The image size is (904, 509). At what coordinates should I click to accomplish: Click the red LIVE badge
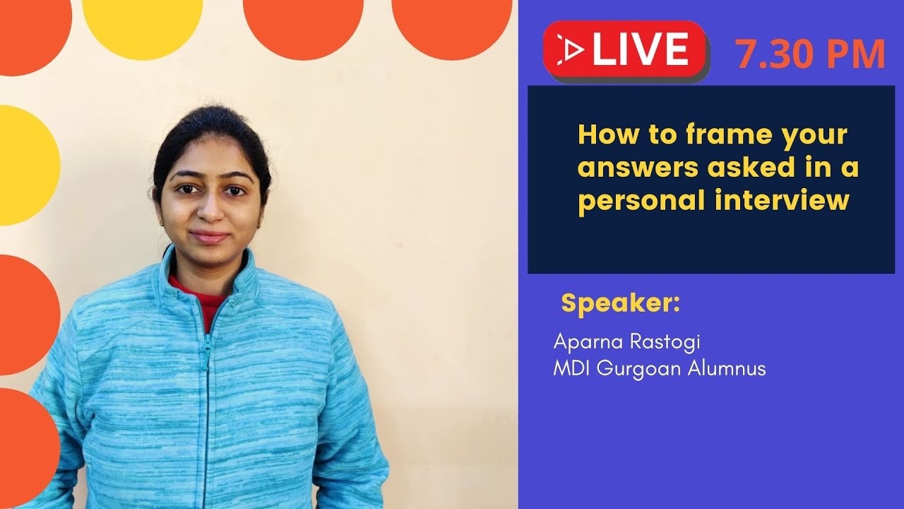tap(625, 49)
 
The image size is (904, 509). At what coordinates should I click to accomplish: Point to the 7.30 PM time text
tap(810, 54)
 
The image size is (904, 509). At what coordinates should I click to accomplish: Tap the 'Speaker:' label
tap(621, 303)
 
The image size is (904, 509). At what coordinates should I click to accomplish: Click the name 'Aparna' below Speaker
tap(584, 343)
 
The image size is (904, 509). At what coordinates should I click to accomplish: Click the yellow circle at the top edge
tap(143, 21)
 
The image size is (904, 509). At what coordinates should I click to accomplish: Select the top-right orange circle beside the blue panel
tap(452, 21)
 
